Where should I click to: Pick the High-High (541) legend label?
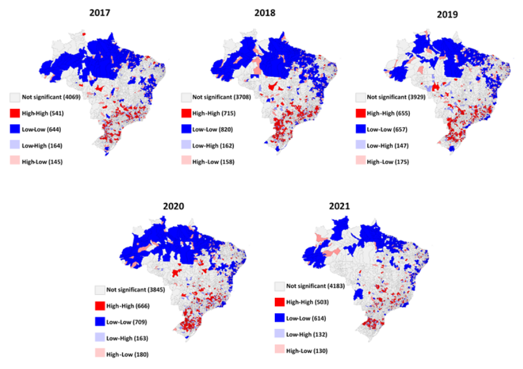(42, 113)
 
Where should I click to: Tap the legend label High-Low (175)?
(388, 161)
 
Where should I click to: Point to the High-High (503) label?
(308, 302)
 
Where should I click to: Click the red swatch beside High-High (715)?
(186, 113)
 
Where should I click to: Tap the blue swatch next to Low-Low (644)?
(15, 129)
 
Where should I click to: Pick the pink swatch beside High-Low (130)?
(280, 350)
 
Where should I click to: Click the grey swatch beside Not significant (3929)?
(360, 97)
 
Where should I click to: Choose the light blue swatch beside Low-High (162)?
(186, 145)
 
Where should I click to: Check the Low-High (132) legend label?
(307, 334)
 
